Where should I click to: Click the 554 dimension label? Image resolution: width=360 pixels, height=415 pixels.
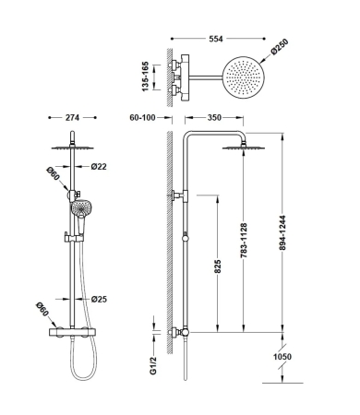click(216, 39)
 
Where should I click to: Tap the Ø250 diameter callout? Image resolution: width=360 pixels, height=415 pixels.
click(280, 47)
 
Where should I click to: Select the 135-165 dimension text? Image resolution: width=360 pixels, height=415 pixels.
click(145, 77)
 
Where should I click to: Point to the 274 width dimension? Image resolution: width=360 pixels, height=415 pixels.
click(72, 117)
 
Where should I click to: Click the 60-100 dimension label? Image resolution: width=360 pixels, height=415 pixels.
click(142, 117)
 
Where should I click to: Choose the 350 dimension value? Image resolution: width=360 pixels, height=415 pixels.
click(214, 117)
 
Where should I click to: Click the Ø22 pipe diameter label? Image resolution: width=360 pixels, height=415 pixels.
click(99, 166)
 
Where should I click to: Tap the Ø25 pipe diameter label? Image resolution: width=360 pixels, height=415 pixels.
click(99, 299)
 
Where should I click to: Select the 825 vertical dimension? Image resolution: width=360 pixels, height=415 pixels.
click(217, 267)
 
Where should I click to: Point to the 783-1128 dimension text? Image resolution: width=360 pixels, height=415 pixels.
click(244, 240)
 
